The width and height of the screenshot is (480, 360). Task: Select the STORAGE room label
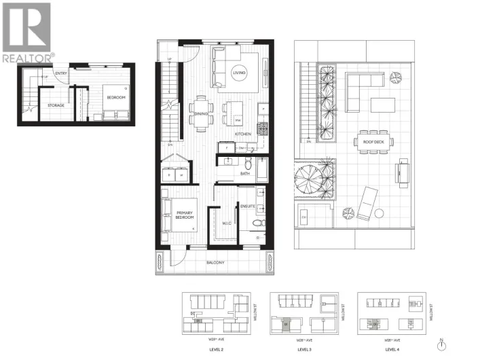pos(55,106)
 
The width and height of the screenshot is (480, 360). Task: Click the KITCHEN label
pos(243,134)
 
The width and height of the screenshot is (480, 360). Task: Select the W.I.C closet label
pos(227,223)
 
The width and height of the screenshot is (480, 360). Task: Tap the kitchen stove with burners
pos(262,127)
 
